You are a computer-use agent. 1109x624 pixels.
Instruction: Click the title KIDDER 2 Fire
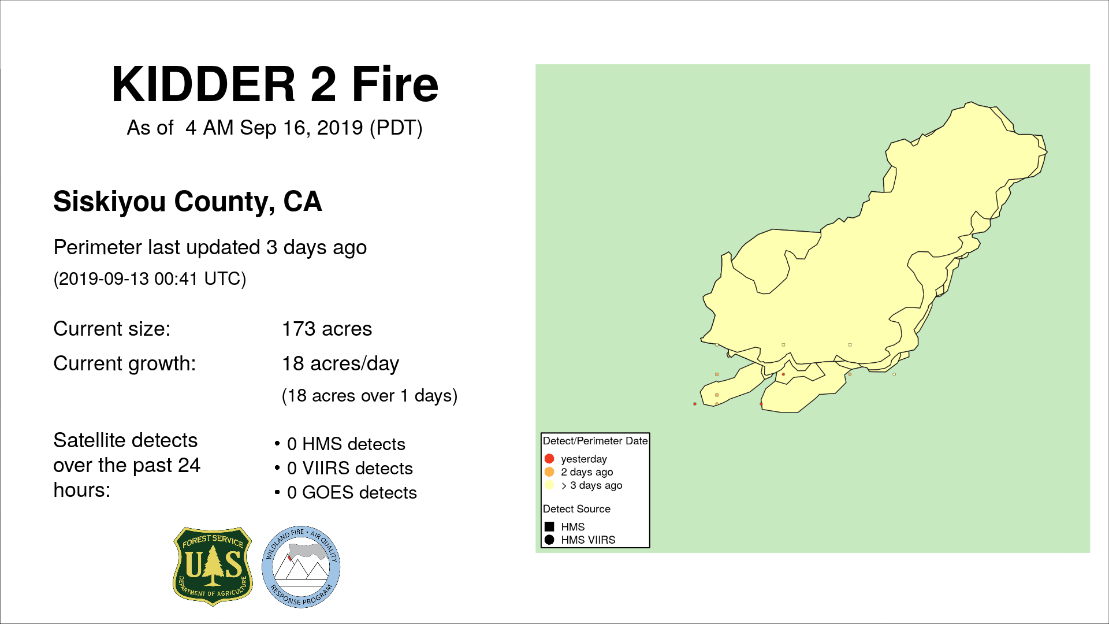275,84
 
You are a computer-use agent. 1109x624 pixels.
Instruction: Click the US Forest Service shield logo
213,566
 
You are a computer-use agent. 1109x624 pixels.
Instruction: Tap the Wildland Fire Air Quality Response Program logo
301,567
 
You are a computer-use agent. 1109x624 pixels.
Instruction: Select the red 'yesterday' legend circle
549,459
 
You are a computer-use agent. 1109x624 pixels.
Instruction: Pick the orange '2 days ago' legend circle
549,472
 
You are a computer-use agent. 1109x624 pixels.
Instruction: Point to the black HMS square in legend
549,527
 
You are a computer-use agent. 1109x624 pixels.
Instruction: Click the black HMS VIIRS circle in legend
549,540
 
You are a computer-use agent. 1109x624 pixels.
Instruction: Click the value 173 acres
327,329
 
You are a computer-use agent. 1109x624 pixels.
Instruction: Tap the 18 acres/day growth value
341,364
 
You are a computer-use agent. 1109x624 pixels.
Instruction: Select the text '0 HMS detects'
346,444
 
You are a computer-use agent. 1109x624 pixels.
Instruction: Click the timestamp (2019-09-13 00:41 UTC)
150,279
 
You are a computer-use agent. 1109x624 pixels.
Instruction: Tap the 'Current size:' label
112,329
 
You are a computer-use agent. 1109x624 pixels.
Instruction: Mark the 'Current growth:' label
125,364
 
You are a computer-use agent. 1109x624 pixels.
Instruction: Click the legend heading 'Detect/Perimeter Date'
596,441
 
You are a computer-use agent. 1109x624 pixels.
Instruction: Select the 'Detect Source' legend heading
576,509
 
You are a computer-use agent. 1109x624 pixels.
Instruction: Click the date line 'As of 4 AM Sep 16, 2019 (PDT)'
275,128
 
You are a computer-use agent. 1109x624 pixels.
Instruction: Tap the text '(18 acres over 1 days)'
370,396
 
